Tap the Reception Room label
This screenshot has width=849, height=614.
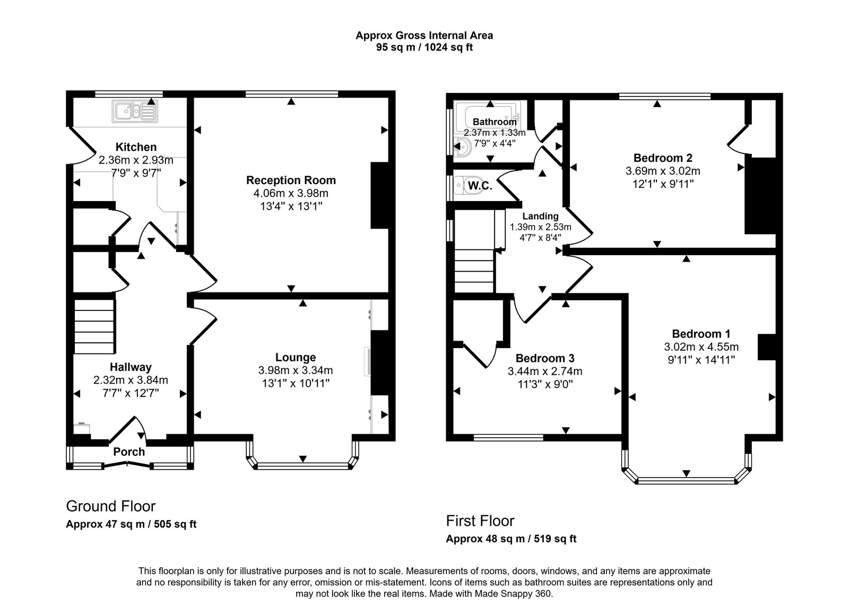tap(291, 180)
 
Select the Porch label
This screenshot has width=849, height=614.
tap(129, 452)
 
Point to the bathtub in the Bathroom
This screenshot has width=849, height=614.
tap(491, 113)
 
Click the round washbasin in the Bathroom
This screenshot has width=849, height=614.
tap(462, 147)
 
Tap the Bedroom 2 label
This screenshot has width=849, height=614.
tap(663, 158)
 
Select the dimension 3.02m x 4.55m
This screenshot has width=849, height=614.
tap(701, 347)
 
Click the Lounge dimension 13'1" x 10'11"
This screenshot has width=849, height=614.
tap(296, 383)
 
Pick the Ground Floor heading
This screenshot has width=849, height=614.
tap(110, 506)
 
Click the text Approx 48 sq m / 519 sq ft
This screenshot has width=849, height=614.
tap(511, 539)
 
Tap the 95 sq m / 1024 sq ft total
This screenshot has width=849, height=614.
tap(424, 47)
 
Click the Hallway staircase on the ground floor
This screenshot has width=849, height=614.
tap(94, 326)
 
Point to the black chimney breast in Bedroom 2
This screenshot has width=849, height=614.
tap(760, 195)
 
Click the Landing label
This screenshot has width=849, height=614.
tap(540, 216)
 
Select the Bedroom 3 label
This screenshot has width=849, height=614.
tap(545, 358)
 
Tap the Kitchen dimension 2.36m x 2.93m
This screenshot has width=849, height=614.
tap(136, 160)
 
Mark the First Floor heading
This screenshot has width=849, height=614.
tap(480, 521)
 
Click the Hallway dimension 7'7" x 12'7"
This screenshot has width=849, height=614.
tap(131, 393)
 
